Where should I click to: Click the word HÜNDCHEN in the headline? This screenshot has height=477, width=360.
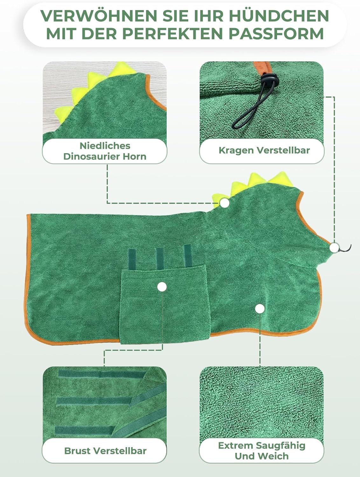tap(279, 16)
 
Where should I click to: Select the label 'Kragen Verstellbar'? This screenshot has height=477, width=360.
tap(264, 150)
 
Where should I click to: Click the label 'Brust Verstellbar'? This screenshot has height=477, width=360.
tap(105, 451)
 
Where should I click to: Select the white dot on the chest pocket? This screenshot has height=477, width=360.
tap(162, 287)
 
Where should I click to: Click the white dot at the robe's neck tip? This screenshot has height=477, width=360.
tap(334, 247)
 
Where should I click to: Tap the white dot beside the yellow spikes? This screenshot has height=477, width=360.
tap(225, 203)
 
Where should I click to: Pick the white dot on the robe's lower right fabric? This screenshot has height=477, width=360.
tap(260, 308)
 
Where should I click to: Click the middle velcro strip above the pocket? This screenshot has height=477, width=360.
tap(159, 258)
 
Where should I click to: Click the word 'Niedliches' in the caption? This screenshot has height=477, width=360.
tap(105, 146)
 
